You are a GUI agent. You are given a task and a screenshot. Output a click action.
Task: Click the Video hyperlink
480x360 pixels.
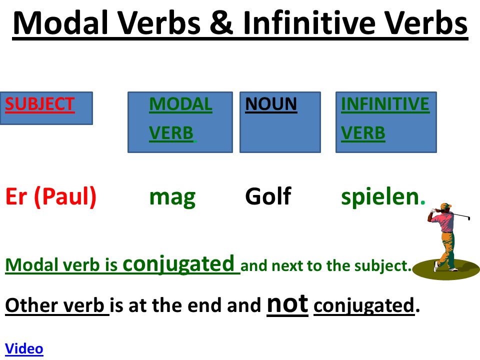click(x=24, y=348)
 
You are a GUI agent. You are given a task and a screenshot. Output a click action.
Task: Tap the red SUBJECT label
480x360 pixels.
click(x=40, y=104)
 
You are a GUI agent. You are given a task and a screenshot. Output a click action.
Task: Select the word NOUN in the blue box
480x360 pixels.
click(x=271, y=104)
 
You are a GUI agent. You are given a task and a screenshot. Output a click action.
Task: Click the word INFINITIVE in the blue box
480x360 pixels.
click(x=385, y=104)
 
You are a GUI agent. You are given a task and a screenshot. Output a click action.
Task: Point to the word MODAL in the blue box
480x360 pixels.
click(x=180, y=104)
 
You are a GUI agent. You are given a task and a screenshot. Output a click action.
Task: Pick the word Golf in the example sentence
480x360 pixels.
click(x=268, y=196)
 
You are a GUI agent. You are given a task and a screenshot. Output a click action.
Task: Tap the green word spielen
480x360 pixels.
click(x=380, y=197)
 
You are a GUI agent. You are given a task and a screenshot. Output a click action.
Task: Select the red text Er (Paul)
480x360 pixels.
click(x=51, y=197)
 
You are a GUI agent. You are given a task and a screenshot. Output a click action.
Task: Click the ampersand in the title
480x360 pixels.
click(x=221, y=22)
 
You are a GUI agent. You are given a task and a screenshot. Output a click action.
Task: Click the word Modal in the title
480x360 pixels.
click(x=61, y=22)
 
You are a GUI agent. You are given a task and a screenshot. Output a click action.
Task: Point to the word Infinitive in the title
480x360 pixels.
click(x=309, y=22)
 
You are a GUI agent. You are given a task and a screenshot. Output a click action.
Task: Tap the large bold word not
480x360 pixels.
click(x=287, y=304)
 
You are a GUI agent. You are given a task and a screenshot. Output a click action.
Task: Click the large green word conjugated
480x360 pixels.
click(x=178, y=264)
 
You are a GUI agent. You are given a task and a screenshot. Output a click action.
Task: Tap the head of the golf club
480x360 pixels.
click(x=468, y=218)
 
